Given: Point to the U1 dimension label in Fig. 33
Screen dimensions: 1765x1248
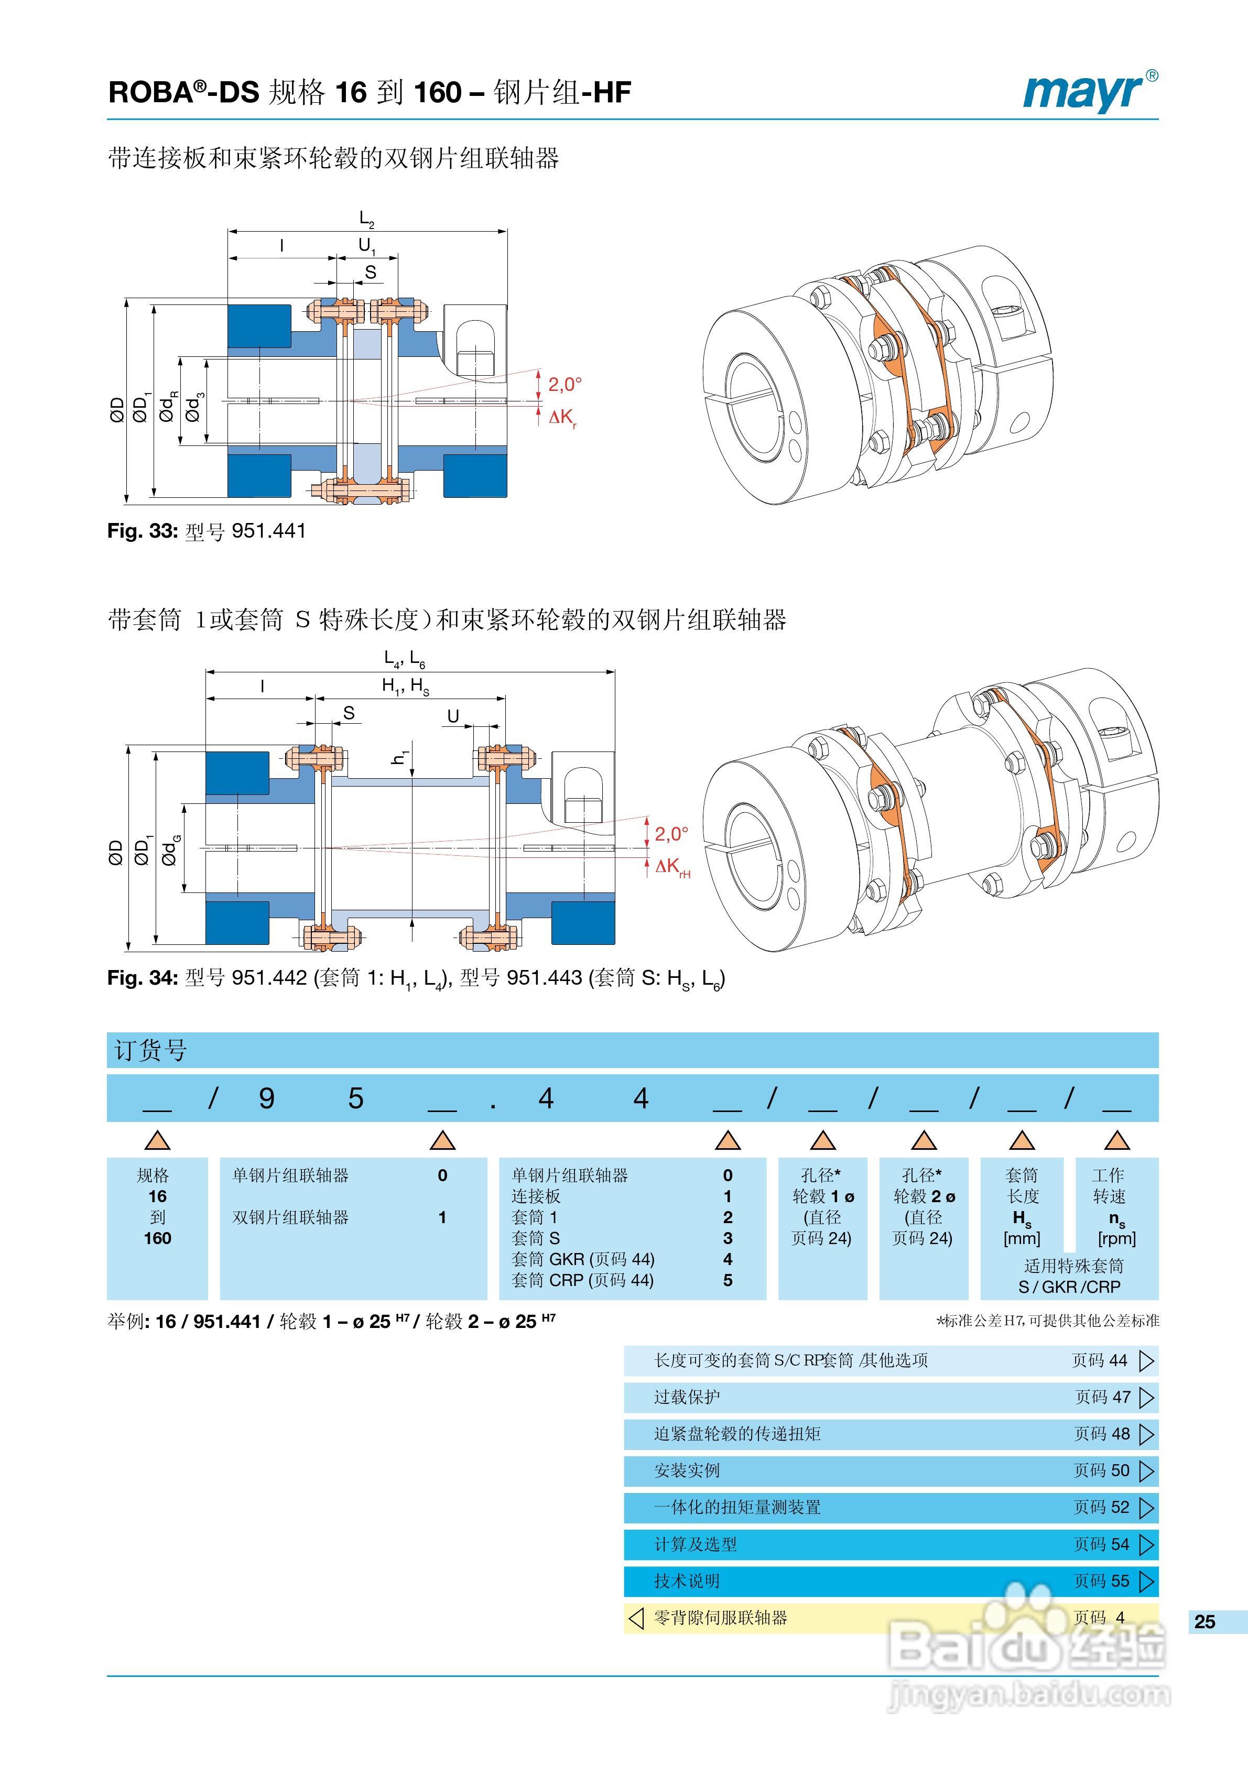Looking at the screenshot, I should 367,246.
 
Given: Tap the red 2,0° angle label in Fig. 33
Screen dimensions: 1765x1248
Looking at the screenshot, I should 565,384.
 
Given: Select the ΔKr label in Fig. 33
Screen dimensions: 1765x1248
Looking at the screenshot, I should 563,418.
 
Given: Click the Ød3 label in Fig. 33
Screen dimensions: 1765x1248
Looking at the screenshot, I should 194,407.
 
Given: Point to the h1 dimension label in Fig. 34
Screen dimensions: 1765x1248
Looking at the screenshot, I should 399,757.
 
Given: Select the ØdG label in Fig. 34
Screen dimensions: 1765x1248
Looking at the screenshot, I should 170,850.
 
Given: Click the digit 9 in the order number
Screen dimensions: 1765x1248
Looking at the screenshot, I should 267,1098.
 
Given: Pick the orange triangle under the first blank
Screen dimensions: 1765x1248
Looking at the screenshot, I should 158,1140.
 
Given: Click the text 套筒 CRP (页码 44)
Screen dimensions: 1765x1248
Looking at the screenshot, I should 583,1280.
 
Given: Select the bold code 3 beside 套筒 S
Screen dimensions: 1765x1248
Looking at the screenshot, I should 728,1238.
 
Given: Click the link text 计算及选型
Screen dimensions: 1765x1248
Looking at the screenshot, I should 695,1544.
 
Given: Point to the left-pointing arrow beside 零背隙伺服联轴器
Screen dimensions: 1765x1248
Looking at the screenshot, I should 636,1617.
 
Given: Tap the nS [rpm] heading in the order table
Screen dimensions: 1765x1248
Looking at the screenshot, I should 1116,1228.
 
